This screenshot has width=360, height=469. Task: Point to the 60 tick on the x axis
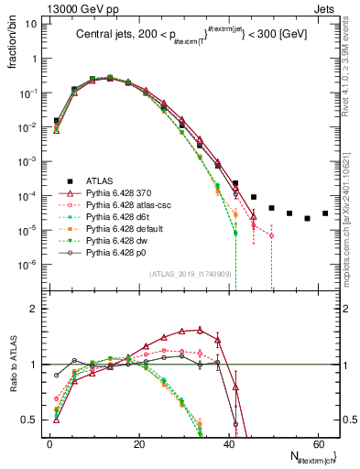(x=317, y=442)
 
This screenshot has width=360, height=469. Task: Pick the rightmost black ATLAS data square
(x=325, y=213)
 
